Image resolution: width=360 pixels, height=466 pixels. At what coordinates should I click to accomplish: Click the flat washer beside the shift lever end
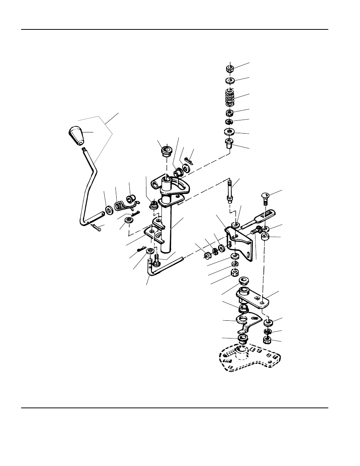tap(109, 209)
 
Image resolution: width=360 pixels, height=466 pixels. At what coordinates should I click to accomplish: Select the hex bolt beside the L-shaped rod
tap(157, 260)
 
